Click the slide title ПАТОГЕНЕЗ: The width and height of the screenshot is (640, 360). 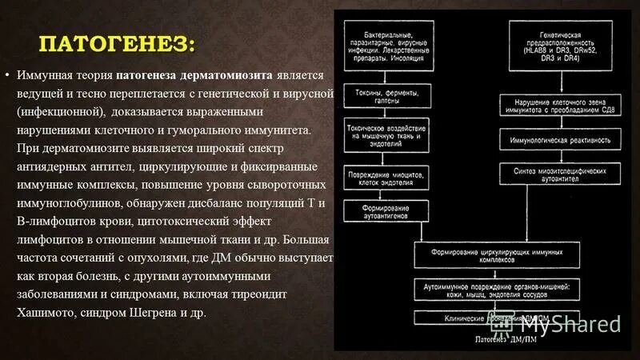[118, 42]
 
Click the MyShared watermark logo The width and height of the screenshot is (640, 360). [570, 324]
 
